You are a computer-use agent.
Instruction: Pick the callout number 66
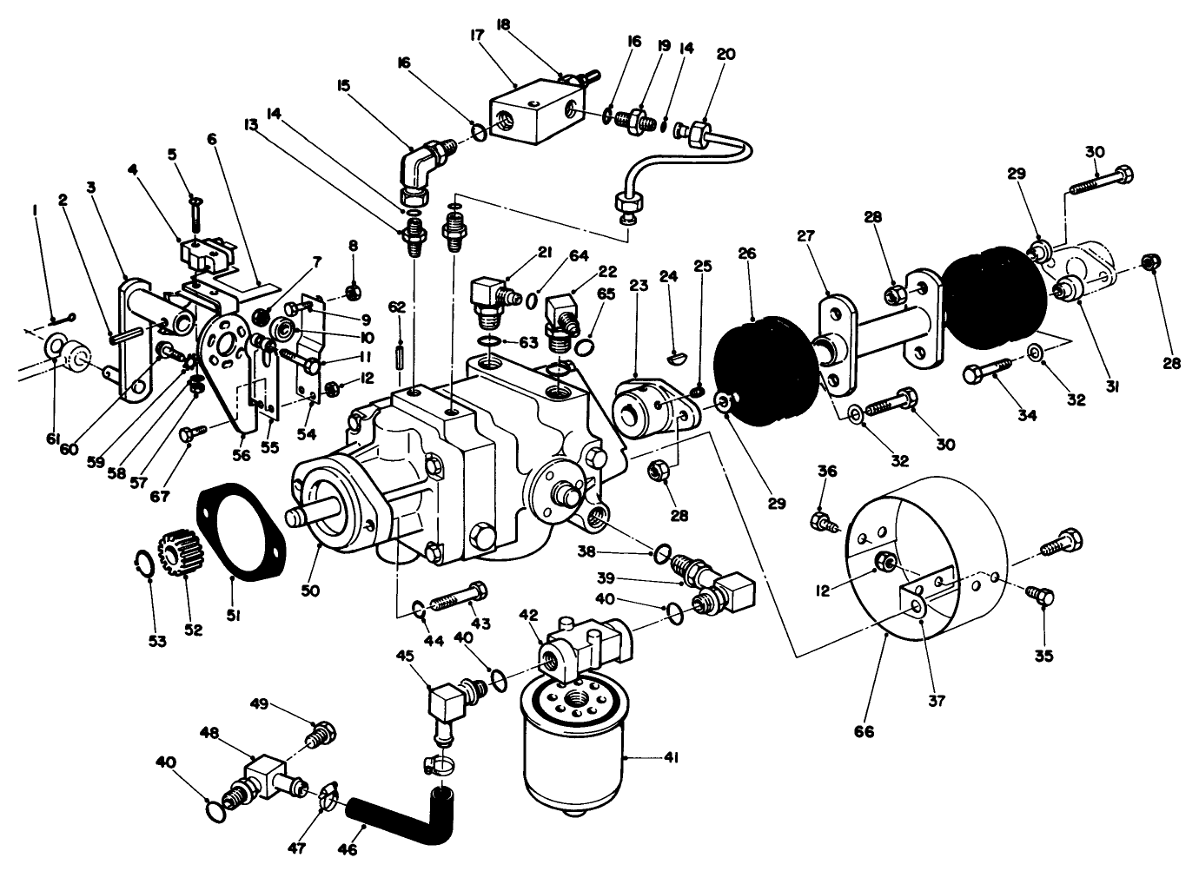click(864, 731)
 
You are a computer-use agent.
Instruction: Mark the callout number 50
click(311, 591)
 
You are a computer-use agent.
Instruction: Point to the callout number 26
click(747, 254)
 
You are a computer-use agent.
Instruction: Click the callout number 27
click(806, 235)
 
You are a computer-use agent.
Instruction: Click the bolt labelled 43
click(458, 600)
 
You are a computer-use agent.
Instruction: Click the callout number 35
click(1044, 657)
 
